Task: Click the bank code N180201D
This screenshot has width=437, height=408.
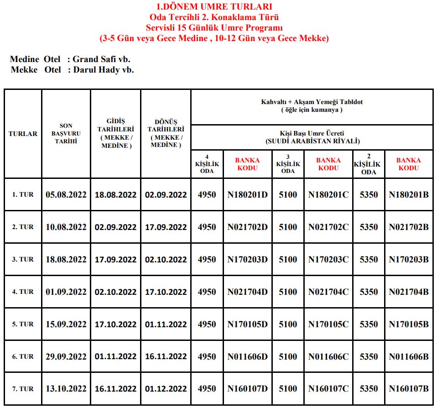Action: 248,194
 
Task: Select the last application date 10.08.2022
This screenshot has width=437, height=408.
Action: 66,227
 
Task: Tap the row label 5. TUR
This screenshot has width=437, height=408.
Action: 23,324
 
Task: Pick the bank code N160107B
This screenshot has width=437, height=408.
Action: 409,389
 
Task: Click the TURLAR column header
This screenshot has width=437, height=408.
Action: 23,134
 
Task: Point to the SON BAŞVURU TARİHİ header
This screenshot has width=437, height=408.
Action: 66,134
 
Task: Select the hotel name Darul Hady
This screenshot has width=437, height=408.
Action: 97,70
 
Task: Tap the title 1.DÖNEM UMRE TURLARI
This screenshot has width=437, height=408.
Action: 214,7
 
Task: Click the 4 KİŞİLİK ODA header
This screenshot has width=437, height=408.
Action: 207,164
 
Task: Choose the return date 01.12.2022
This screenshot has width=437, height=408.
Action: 166,389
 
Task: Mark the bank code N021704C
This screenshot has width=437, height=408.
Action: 328,292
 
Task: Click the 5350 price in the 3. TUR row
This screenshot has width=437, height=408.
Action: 369,259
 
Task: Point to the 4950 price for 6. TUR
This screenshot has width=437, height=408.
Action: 207,356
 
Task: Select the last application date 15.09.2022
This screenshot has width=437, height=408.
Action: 66,324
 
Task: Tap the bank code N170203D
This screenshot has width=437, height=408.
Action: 248,259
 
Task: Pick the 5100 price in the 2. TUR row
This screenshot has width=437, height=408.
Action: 288,227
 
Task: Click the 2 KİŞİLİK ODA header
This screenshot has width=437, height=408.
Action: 369,164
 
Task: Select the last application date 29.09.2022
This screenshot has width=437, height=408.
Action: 66,356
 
